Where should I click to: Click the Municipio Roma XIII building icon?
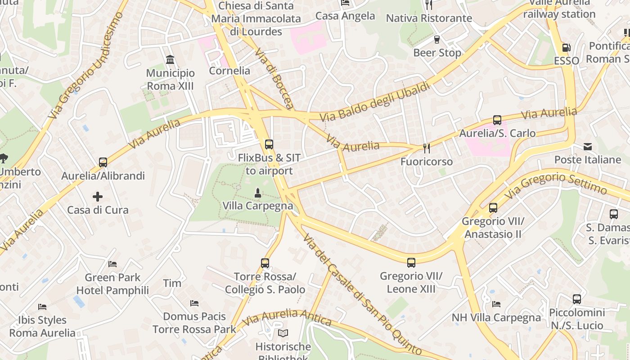coord(171,60)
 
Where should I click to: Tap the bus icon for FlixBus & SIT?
coord(269,144)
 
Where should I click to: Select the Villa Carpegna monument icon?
coord(257,193)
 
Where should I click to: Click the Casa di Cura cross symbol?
coord(98,197)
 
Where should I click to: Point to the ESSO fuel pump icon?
coord(566,48)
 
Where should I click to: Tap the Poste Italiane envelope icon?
coord(588,147)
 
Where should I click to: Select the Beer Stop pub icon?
coord(436,40)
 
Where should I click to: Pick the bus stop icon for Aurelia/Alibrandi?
coord(103,162)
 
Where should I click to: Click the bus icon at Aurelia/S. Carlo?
coord(497,120)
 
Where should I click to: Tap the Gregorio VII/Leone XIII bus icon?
coord(411,263)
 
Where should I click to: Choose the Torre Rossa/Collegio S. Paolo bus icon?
coord(265,263)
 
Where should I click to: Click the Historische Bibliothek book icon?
coord(283,333)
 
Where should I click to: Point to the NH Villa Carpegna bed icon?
coord(496,304)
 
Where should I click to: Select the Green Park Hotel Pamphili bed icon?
coord(112,264)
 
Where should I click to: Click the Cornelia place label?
coord(229,71)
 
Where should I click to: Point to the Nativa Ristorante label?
coord(429,18)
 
